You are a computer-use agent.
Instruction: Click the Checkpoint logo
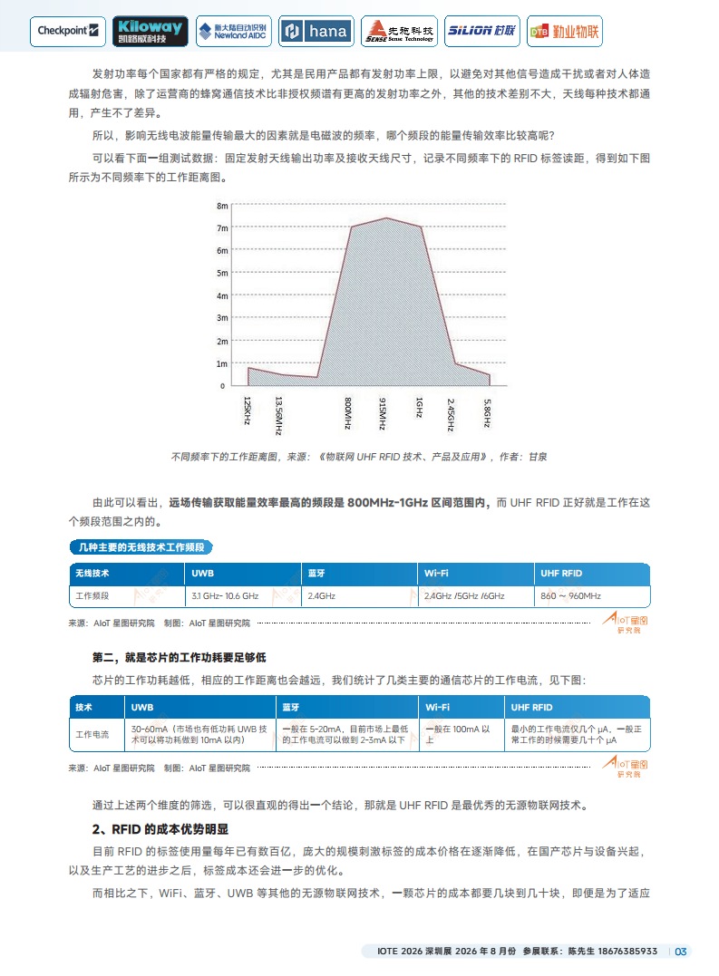(70, 31)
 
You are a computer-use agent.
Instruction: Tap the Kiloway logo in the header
(151, 31)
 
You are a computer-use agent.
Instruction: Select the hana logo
(316, 31)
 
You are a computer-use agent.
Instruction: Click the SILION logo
(481, 31)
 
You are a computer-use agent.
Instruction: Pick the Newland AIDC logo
(232, 31)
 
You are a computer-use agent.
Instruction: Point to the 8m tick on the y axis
(222, 206)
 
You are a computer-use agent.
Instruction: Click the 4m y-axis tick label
(222, 295)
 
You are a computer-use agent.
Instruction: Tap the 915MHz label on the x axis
(384, 413)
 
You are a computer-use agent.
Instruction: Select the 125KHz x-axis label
(247, 411)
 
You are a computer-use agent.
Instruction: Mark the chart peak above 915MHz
(385, 218)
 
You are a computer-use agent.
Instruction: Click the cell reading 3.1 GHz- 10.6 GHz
(225, 596)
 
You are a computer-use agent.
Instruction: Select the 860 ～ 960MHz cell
(570, 596)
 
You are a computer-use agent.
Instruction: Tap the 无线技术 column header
(92, 574)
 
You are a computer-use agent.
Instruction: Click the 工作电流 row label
(92, 734)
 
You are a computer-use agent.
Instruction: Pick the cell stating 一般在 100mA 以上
(458, 734)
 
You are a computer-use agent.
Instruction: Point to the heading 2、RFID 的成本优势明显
(160, 829)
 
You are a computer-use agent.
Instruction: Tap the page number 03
(682, 952)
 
